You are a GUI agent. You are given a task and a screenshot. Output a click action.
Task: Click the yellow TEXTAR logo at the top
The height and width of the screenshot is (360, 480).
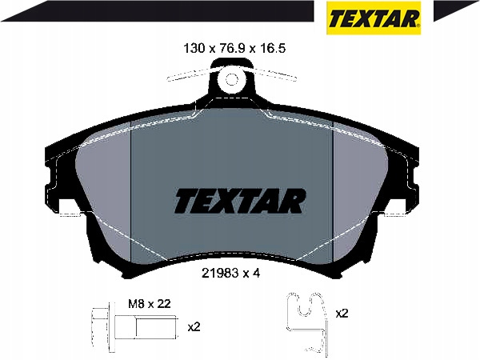click(374, 18)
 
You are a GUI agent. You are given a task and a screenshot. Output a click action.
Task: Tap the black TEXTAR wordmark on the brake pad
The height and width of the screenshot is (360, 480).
click(240, 201)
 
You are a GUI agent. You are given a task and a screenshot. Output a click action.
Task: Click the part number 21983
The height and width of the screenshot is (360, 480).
click(221, 273)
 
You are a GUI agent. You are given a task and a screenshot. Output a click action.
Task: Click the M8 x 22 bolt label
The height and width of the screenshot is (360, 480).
click(149, 304)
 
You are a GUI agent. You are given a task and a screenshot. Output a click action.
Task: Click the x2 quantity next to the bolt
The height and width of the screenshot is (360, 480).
click(194, 327)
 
